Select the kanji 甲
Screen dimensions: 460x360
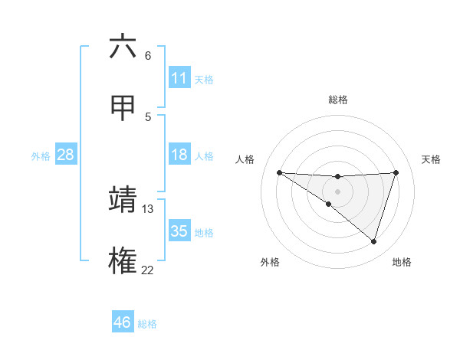(x=123, y=109)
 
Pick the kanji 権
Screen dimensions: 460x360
(x=123, y=260)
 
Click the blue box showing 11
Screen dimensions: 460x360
(x=179, y=78)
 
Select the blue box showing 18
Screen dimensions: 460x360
(x=179, y=155)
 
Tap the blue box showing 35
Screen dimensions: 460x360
(x=179, y=231)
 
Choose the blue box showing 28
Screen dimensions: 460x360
(x=66, y=155)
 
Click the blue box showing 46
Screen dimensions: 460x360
(x=123, y=323)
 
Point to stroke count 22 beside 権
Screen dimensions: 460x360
(x=147, y=270)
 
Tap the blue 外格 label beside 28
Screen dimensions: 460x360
(x=41, y=156)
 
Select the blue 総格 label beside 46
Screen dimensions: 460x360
(x=147, y=324)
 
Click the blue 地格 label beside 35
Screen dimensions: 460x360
(x=204, y=232)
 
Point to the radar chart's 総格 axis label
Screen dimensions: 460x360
(x=338, y=100)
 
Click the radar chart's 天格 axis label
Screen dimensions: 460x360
(x=431, y=159)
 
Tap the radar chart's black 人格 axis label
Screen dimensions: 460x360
(x=245, y=159)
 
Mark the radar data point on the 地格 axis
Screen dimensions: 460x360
(x=374, y=242)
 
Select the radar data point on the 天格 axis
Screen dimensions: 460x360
(x=396, y=172)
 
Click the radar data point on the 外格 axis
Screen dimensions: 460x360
(x=328, y=204)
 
